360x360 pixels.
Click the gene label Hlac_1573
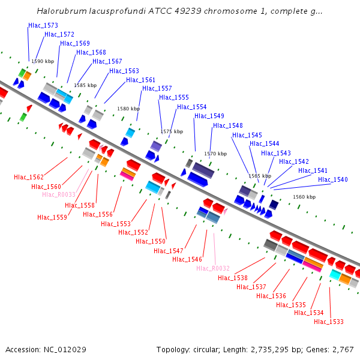tap(43, 25)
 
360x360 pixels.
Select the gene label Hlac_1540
tap(333, 179)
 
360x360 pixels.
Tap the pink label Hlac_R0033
tap(59, 194)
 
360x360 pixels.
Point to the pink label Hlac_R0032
tap(213, 268)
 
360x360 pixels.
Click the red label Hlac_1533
tap(329, 322)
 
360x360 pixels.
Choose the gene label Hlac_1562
tap(29, 177)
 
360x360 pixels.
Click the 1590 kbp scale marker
tap(43, 61)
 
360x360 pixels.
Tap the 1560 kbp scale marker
tap(304, 197)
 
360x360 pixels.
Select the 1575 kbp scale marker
tap(172, 131)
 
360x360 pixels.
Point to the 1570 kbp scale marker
tap(215, 154)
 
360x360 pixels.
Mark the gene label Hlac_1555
tap(174, 97)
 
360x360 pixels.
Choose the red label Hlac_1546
tap(187, 259)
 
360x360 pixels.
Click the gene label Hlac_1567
tap(107, 61)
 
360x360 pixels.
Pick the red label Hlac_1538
tap(233, 278)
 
